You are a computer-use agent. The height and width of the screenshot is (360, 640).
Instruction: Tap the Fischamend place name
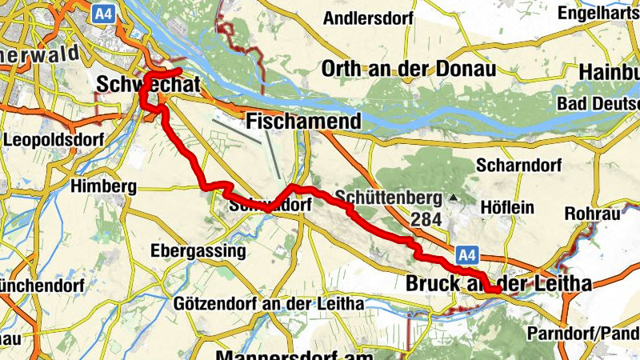304,122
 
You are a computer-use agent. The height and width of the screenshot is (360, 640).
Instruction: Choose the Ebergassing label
198,250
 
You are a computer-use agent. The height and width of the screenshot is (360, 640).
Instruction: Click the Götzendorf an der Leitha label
268,304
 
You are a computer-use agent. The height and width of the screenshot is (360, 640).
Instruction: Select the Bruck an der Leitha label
498,284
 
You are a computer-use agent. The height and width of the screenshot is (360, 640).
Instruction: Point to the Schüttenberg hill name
390,197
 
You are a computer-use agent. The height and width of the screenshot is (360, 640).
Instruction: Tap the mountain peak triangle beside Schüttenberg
454,197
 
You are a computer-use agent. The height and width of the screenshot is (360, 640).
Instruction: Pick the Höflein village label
508,207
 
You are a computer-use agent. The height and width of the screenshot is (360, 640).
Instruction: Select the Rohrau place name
590,214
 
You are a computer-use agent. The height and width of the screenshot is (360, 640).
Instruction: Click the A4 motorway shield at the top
102,14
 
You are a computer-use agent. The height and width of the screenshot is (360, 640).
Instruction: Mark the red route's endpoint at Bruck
495,290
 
